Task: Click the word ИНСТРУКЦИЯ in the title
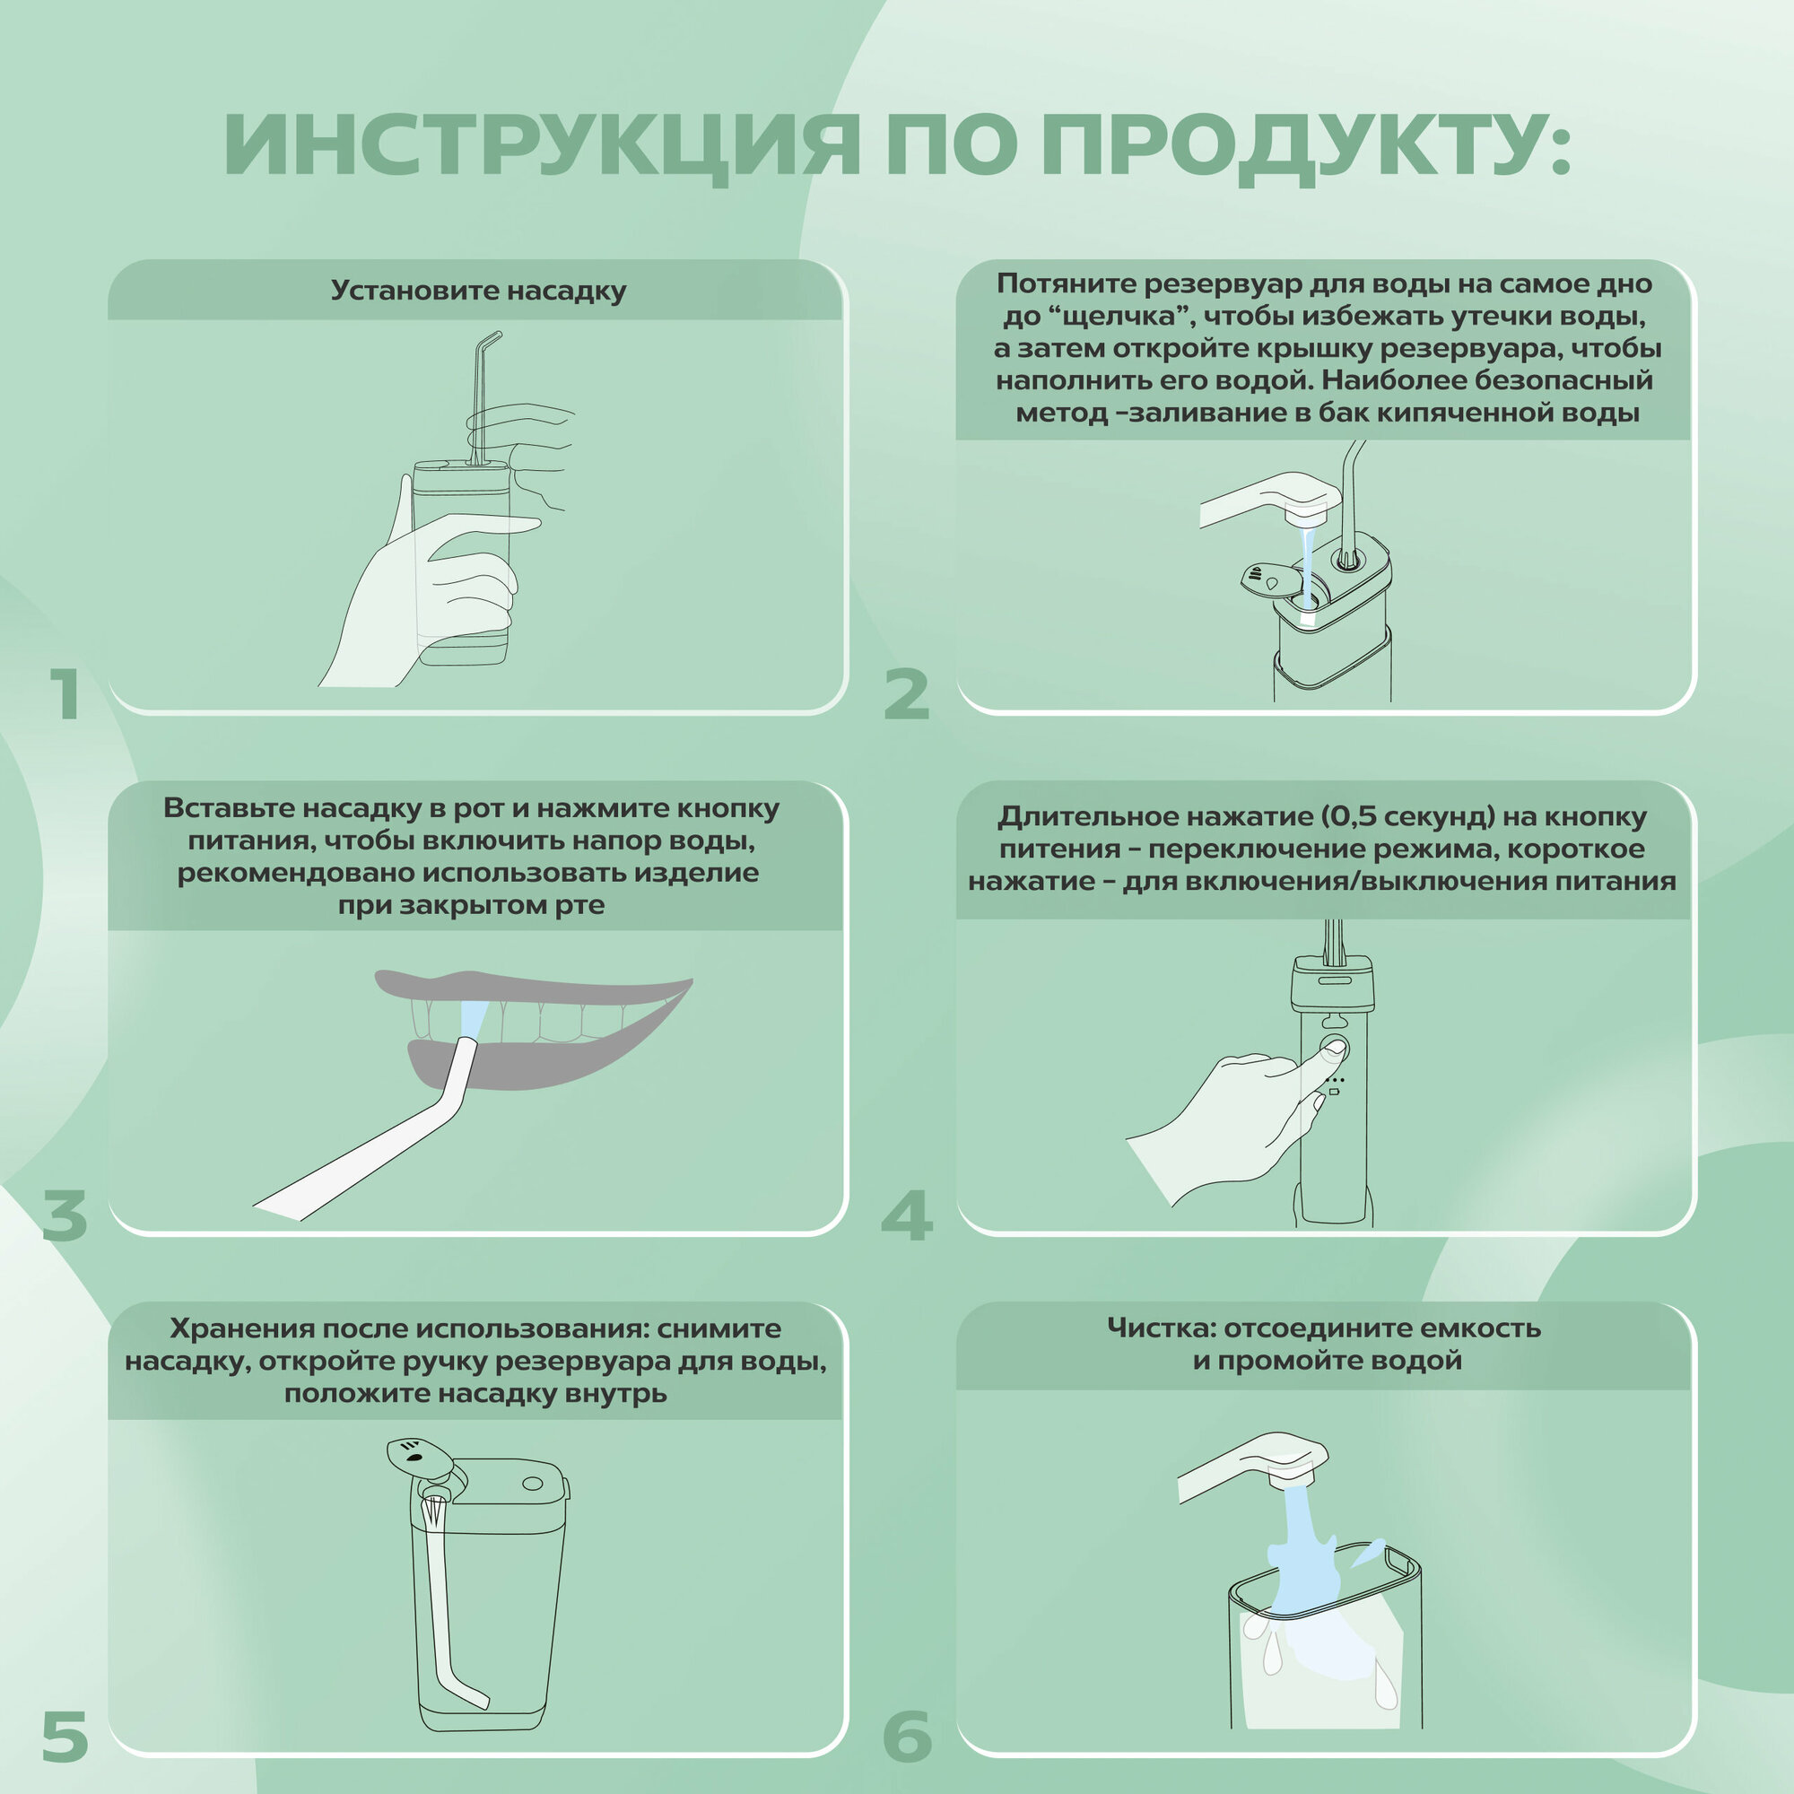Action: pyautogui.click(x=542, y=146)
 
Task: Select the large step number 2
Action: pyautogui.click(x=906, y=693)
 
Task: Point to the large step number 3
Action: pyautogui.click(x=65, y=1215)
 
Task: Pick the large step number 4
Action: pyautogui.click(x=906, y=1215)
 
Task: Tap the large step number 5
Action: pyautogui.click(x=65, y=1737)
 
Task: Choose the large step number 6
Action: pyautogui.click(x=907, y=1737)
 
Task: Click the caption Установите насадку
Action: pyautogui.click(x=478, y=291)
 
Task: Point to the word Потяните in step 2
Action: pyautogui.click(x=1065, y=283)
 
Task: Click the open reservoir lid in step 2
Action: pyautogui.click(x=1270, y=578)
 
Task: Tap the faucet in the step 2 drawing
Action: pyautogui.click(x=1267, y=499)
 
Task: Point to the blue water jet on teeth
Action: pyautogui.click(x=473, y=1020)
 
